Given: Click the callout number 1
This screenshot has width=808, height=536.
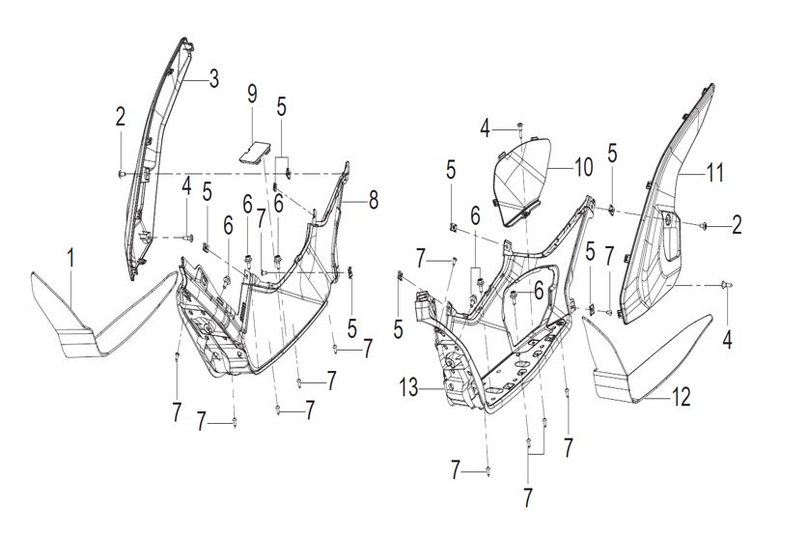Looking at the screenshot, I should click(x=70, y=258).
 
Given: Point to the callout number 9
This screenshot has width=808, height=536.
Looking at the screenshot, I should click(x=252, y=95).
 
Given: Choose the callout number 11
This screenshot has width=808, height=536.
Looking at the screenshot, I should click(x=714, y=175).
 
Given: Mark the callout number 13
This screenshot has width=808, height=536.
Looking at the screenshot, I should click(x=409, y=388).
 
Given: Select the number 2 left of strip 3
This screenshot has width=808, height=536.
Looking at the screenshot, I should click(x=121, y=117).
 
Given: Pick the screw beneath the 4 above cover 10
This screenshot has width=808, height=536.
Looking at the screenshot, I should click(x=520, y=127).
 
